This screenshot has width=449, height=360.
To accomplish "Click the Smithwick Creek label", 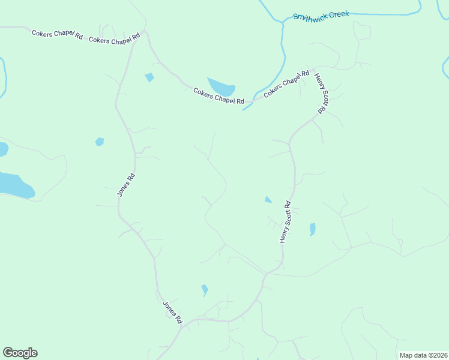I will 321,14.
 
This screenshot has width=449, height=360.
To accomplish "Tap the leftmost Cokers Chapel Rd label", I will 57,34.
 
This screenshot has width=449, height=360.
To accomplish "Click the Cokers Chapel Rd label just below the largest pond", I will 219,96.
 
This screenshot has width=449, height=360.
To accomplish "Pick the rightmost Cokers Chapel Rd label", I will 286,85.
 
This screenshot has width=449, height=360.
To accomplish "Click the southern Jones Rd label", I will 172,312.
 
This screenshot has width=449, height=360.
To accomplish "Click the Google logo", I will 20,353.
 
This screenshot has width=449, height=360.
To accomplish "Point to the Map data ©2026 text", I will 423,355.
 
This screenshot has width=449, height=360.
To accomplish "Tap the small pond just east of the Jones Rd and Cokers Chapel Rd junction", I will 149,77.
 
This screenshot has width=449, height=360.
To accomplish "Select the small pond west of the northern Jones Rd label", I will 100,142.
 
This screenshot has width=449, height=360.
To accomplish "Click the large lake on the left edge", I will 14,185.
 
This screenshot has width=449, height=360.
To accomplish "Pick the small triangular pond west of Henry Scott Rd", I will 268,199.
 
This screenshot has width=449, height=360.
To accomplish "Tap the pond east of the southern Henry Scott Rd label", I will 312,229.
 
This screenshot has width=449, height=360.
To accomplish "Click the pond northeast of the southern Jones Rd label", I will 205,290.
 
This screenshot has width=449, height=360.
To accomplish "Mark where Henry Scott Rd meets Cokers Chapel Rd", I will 312,67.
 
